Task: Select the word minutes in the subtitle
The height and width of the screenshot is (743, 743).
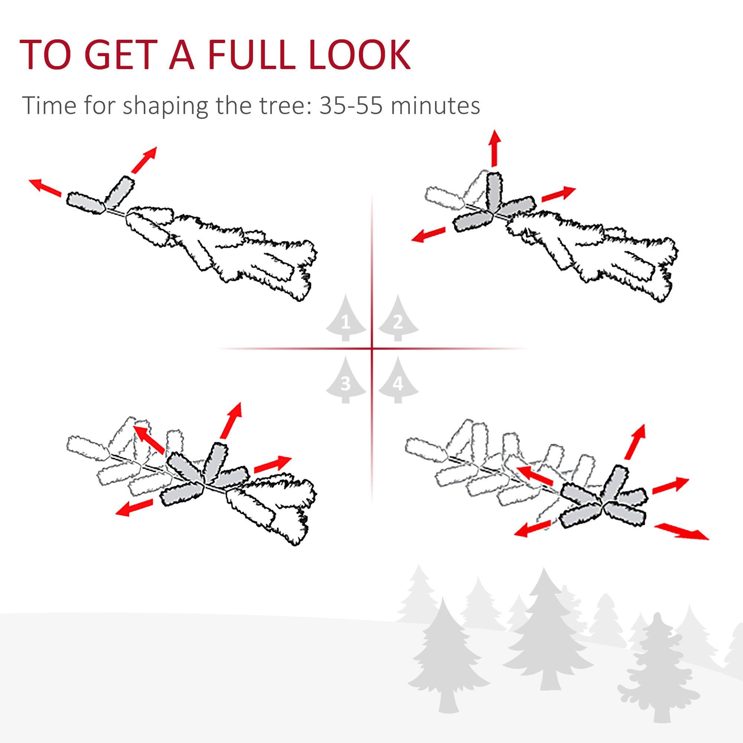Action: click(435, 105)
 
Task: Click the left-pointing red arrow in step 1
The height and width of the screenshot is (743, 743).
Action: click(45, 187)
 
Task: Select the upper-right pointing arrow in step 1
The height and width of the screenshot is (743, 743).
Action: click(144, 159)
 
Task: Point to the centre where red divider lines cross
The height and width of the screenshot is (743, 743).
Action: click(371, 349)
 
